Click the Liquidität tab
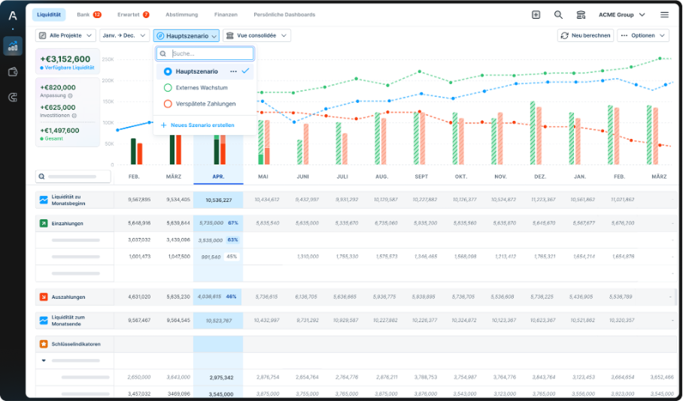coord(49,14)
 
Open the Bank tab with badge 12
coord(89,14)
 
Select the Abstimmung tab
coord(181,14)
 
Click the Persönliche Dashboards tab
coord(284,14)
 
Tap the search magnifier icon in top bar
coord(558,14)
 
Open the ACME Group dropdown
coord(621,14)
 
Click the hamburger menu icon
coord(664,14)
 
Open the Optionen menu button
coord(642,35)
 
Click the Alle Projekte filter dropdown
coord(66,35)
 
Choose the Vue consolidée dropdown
coord(257,35)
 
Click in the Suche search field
coord(211,54)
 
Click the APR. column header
coord(218,176)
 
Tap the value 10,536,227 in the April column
coord(218,200)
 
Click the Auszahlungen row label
coord(68,297)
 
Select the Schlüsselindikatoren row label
coord(75,344)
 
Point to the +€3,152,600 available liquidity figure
coord(65,59)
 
